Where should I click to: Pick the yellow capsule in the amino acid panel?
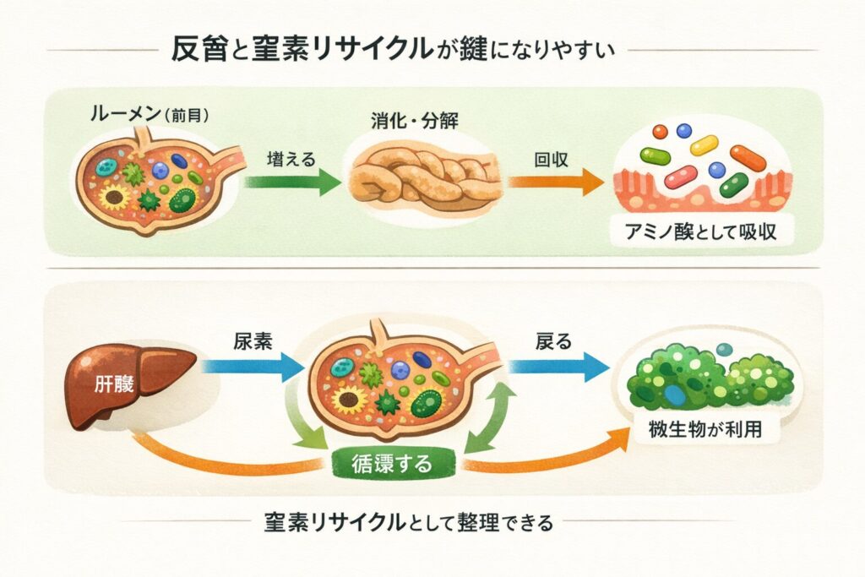(704, 145)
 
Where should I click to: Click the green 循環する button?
(390, 464)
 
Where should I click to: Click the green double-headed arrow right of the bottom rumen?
(488, 417)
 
